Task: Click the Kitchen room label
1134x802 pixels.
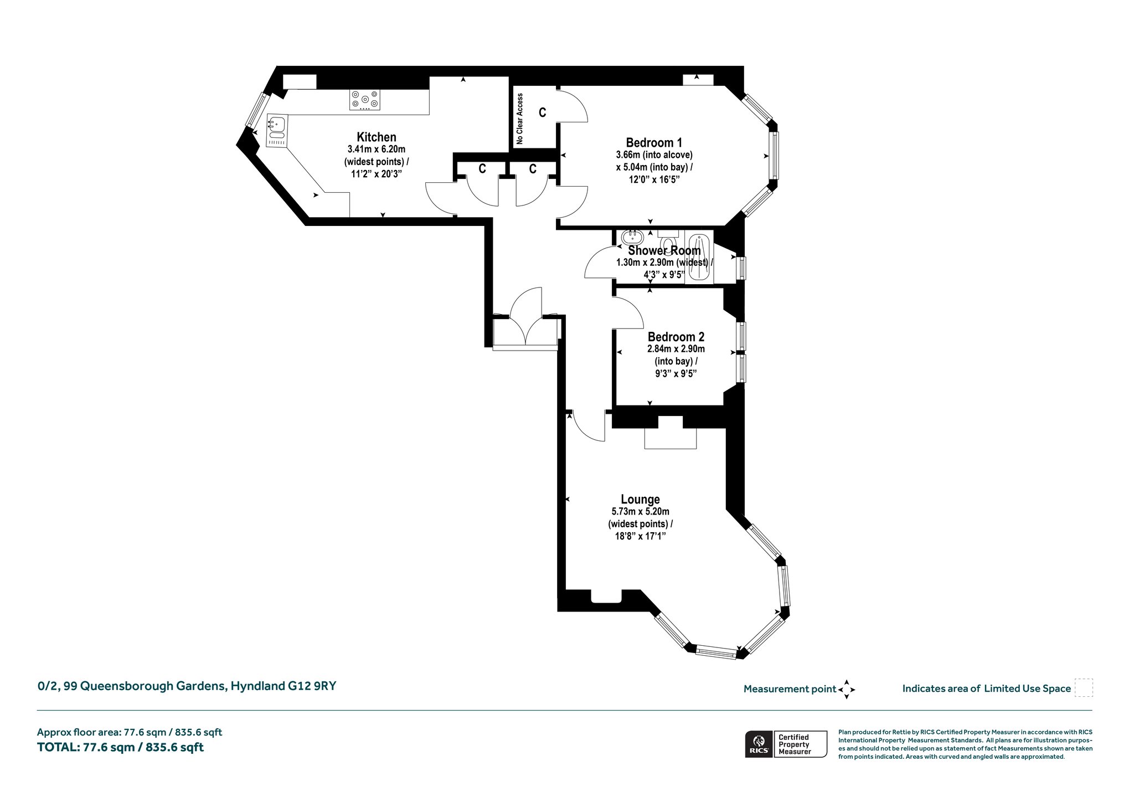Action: coord(376,137)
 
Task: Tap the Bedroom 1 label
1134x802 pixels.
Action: coord(654,142)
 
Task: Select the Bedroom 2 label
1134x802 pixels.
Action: coord(676,337)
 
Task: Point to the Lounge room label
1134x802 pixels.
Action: coord(640,500)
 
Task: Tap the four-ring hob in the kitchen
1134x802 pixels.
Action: coord(364,100)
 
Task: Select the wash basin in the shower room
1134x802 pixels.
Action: coord(632,238)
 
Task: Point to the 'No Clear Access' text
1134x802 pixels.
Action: coord(519,119)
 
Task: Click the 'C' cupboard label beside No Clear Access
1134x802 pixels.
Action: coord(543,112)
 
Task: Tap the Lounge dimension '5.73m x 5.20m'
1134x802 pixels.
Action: coord(640,512)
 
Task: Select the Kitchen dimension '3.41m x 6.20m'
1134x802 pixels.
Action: coord(376,149)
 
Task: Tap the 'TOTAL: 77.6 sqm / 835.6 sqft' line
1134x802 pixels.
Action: coord(120,747)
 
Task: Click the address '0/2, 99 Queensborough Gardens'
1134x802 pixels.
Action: coord(132,686)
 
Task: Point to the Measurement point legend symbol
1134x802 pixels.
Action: coord(847,690)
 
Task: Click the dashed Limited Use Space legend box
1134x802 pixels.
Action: coord(1084,688)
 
